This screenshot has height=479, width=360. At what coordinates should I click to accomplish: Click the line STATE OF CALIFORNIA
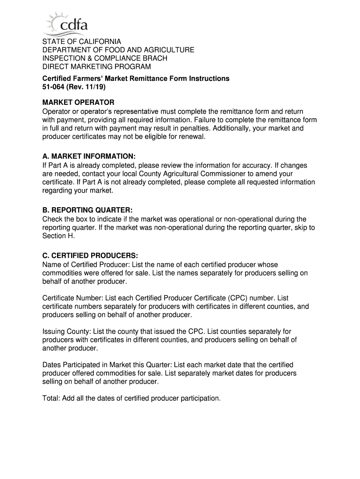(82, 42)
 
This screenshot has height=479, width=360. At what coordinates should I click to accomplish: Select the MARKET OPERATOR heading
(78, 102)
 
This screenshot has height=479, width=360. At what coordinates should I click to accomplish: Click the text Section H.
(58, 236)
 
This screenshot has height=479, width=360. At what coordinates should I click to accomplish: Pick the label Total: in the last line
(51, 399)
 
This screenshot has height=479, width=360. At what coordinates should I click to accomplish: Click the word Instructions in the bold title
(209, 79)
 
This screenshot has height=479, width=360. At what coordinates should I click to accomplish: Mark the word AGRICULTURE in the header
(165, 50)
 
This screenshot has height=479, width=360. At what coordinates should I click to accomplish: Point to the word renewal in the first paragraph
(192, 137)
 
